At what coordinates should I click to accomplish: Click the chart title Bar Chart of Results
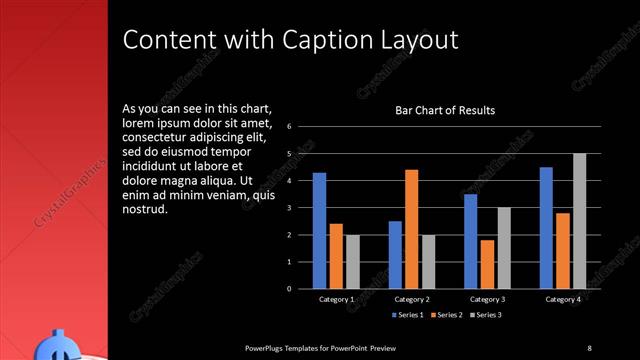445,110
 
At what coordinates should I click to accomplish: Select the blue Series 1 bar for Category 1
319,230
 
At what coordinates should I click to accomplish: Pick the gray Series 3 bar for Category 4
579,221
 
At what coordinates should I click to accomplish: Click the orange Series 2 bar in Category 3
487,264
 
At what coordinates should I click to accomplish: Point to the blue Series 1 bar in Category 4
546,227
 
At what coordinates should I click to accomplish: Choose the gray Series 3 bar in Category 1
352,261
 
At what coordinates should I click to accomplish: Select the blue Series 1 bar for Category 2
395,254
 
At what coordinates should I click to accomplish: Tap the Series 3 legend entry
485,316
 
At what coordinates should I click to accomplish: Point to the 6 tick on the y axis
288,127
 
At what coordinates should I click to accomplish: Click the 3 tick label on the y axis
288,208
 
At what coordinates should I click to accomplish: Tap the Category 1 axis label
335,299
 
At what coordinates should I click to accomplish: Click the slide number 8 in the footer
589,347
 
